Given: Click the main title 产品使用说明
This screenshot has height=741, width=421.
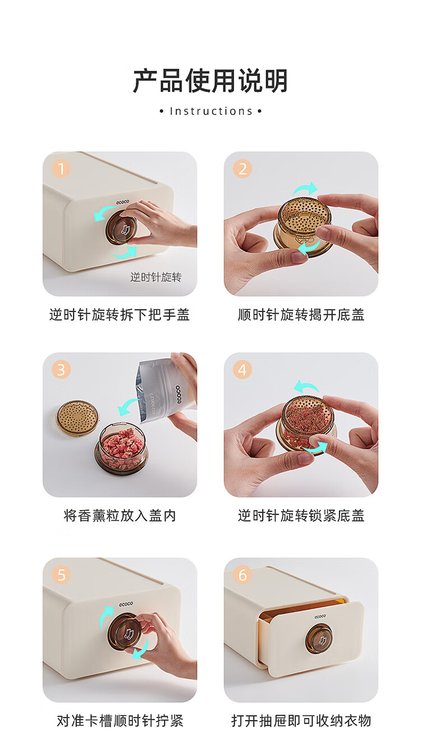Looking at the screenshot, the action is pyautogui.click(x=210, y=81).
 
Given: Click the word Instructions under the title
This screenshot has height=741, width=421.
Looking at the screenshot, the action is pyautogui.click(x=211, y=111).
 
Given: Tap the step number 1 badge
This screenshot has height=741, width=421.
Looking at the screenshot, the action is pyautogui.click(x=61, y=169).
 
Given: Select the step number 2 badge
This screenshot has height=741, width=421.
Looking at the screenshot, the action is pyautogui.click(x=242, y=169).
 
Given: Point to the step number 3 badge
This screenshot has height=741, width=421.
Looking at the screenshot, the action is pyautogui.click(x=61, y=369).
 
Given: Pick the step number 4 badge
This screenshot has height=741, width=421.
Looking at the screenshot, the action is pyautogui.click(x=242, y=369).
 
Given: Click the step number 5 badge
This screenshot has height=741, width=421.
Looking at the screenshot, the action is pyautogui.click(x=61, y=575).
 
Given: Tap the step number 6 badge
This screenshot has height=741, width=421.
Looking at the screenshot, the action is pyautogui.click(x=242, y=575).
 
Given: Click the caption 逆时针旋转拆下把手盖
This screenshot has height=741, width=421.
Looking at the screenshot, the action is pyautogui.click(x=120, y=314).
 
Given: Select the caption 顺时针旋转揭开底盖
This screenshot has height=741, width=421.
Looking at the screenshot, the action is pyautogui.click(x=301, y=314).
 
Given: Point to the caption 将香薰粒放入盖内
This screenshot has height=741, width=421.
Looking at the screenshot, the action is pyautogui.click(x=120, y=515).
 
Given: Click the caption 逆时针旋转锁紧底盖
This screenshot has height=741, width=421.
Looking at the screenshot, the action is pyautogui.click(x=301, y=515).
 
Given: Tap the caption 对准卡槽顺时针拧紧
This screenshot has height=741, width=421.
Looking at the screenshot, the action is pyautogui.click(x=120, y=721).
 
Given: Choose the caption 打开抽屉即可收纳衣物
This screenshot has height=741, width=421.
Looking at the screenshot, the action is pyautogui.click(x=301, y=721).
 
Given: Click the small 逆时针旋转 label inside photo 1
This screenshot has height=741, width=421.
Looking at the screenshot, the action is pyautogui.click(x=155, y=277).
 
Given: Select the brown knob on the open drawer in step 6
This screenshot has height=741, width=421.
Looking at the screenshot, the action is pyautogui.click(x=319, y=638).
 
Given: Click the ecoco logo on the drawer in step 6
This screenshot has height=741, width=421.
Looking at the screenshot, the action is pyautogui.click(x=320, y=616).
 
